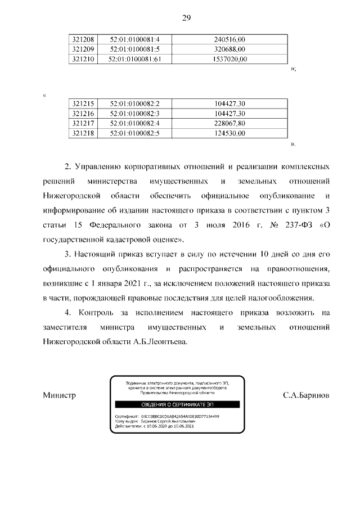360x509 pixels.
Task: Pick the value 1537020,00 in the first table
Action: click(230, 59)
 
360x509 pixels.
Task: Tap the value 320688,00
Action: click(230, 49)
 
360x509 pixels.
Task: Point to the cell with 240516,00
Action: click(230, 39)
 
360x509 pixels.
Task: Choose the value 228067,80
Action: click(230, 123)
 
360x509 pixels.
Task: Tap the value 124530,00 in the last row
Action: click(230, 133)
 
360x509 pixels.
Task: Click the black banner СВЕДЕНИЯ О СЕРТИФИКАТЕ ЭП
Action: click(177, 404)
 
